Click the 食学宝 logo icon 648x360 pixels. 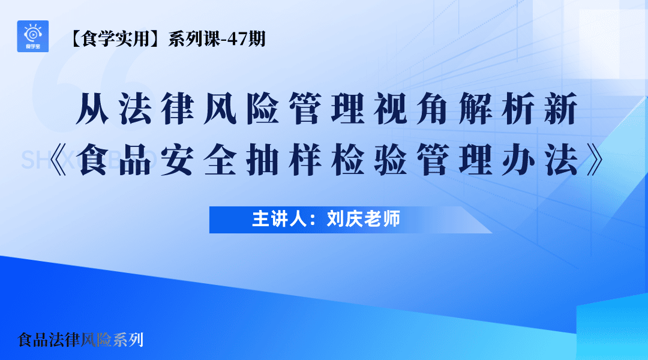(x=33, y=36)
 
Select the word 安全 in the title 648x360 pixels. (x=203, y=160)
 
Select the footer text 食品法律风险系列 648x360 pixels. (x=80, y=340)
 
